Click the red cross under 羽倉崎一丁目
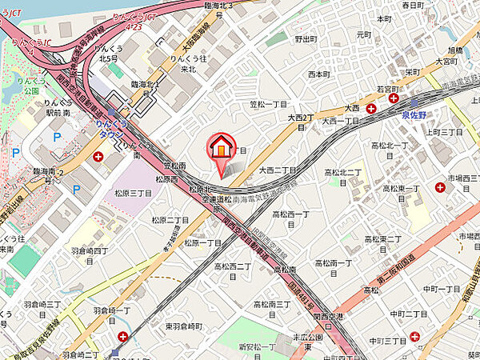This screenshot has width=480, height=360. (122, 337)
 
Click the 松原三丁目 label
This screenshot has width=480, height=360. (133, 193)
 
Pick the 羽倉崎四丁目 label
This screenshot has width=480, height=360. (87, 250)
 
